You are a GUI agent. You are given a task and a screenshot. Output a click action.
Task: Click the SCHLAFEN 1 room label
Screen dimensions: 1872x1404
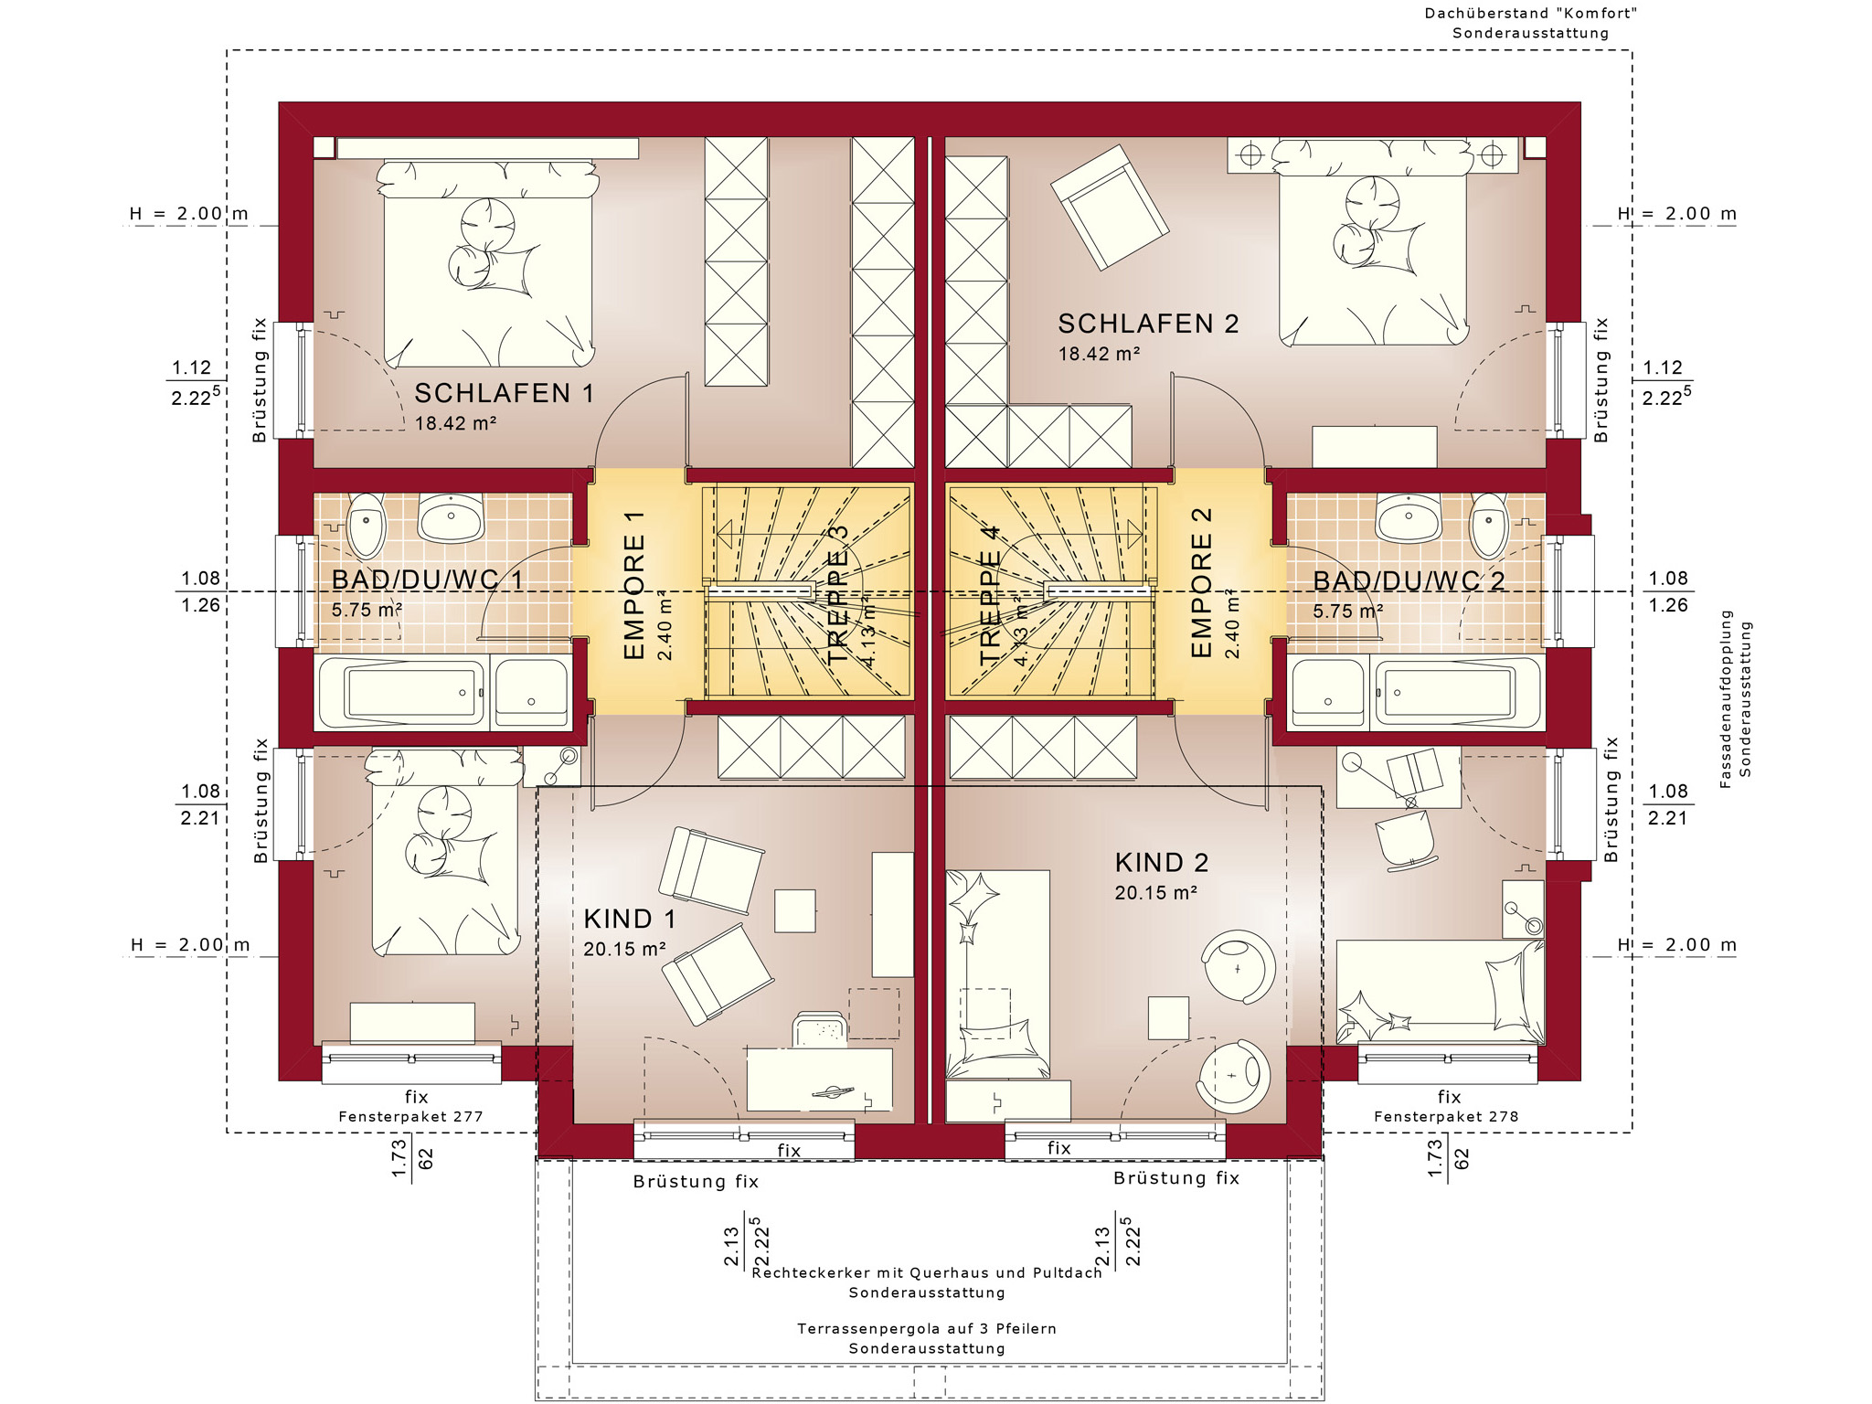tap(505, 393)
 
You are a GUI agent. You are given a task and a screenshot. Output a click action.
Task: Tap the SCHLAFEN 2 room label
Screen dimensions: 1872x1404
tap(1148, 324)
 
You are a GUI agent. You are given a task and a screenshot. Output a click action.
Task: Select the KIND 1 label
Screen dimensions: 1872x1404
tap(630, 919)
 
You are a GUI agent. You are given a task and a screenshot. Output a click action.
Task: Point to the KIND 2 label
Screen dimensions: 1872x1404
tap(1162, 862)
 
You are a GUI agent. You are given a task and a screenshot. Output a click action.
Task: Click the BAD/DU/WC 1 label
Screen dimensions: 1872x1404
tap(427, 580)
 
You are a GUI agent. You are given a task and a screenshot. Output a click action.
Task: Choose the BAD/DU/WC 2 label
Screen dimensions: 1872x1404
tap(1409, 581)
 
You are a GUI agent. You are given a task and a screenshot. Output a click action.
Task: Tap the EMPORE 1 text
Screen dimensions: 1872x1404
tap(634, 585)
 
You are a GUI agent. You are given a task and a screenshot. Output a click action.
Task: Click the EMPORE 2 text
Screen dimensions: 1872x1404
tap(1201, 582)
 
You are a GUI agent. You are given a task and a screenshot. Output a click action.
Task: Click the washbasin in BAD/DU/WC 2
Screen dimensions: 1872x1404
tap(1409, 518)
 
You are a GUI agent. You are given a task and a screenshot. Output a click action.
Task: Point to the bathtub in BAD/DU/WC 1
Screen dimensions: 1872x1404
tap(403, 692)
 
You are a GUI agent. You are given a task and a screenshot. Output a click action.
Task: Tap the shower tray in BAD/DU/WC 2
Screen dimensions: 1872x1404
tap(1329, 693)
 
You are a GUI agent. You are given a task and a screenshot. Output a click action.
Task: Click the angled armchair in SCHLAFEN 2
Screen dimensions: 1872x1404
tap(1110, 207)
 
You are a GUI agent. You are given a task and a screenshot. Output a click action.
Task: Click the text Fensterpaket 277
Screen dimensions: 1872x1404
tap(410, 1116)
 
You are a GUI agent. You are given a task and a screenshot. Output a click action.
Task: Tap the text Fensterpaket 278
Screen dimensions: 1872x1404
tap(1446, 1116)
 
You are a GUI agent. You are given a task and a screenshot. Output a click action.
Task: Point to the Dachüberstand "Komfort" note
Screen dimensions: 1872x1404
tap(1531, 14)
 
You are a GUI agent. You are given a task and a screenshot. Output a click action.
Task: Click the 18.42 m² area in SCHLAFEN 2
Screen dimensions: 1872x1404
tap(1099, 354)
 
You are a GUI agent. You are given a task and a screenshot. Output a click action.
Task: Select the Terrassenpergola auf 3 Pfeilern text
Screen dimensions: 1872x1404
tap(927, 1328)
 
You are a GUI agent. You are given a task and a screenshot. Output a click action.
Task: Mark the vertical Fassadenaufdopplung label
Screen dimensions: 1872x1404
tap(1726, 699)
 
